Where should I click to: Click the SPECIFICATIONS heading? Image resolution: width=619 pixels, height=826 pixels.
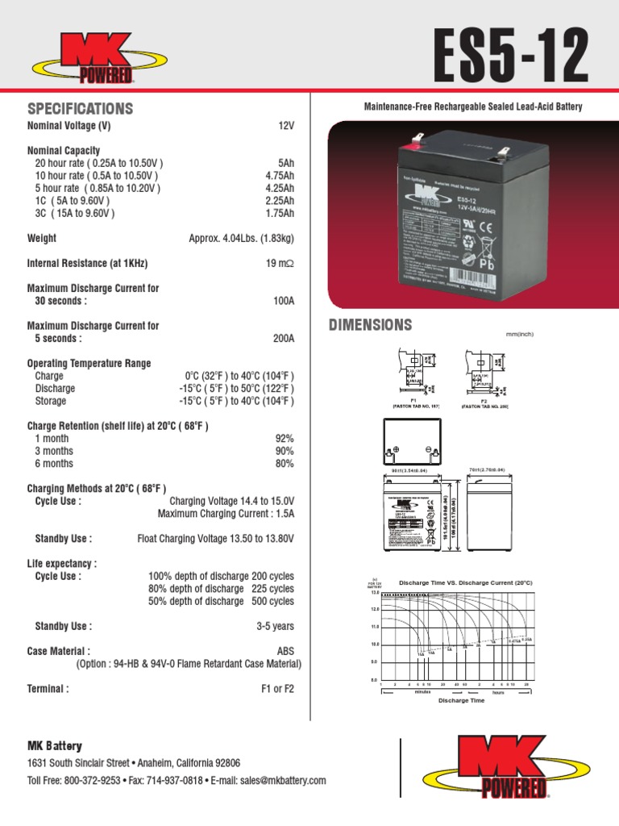coord(80,109)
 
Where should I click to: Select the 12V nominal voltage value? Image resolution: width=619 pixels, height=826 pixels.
coord(286,127)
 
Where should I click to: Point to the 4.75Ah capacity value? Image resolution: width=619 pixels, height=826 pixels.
coord(280,176)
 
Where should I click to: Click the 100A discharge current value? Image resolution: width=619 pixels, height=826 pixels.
coord(284,301)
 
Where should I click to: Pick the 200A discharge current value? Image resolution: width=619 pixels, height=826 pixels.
coord(284,339)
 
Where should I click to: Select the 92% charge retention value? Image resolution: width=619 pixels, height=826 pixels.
coord(285,439)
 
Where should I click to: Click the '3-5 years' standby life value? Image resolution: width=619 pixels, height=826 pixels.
coord(275,626)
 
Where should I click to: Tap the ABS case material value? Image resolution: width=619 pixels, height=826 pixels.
coord(285,651)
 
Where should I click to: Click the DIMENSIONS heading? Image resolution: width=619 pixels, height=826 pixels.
coord(370,325)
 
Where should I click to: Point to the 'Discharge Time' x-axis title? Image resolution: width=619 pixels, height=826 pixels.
coord(462,700)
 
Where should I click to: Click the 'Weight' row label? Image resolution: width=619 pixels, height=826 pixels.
coord(42,239)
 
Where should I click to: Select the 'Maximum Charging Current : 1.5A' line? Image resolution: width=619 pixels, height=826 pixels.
coord(226,513)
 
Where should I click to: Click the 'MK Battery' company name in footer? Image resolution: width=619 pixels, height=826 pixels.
coord(55,746)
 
